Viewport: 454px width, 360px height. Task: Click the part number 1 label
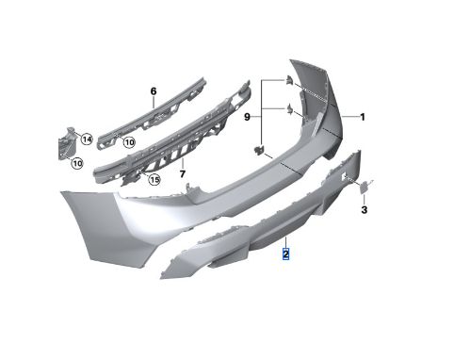(363, 117)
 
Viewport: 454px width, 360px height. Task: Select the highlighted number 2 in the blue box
(285, 254)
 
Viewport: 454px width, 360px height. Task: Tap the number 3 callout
(364, 209)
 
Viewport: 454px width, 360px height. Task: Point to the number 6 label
(154, 91)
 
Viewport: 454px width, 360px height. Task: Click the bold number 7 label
(183, 173)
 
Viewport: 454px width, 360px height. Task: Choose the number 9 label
(247, 117)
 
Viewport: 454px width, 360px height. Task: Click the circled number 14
(87, 139)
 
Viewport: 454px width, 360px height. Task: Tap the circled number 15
(154, 180)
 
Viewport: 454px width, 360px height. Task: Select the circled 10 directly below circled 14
(77, 163)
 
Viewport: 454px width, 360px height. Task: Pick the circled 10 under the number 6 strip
(129, 142)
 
